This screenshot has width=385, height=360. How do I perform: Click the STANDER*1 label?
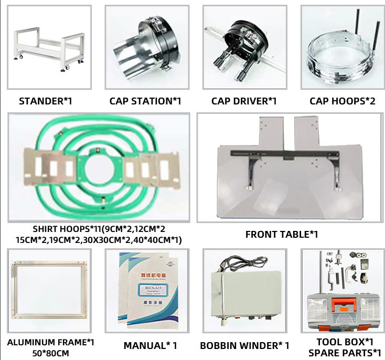coord(45,101)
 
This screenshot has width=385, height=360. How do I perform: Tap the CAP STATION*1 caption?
coord(145,101)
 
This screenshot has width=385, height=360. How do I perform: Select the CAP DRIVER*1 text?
coord(244,101)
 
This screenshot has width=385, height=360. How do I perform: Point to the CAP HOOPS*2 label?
coord(343,101)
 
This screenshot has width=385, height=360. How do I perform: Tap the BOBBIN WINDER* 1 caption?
coord(244,345)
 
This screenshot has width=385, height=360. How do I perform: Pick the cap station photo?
coord(146,47)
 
